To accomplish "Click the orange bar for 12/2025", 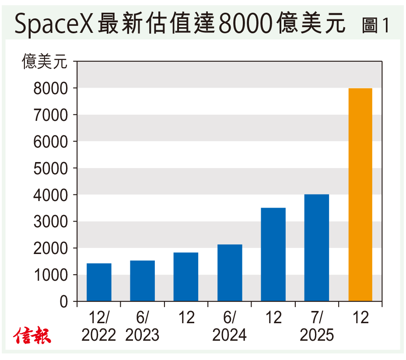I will tap(360, 195).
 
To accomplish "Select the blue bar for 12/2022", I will tap(99, 282).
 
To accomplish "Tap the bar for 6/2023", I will tap(142, 281).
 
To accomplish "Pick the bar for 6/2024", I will tap(230, 272).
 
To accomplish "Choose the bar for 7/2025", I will tap(317, 247).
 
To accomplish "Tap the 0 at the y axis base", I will tap(64, 302).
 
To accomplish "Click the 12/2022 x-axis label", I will tap(99, 327).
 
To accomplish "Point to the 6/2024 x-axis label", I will tap(230, 327).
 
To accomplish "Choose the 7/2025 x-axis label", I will tap(317, 327).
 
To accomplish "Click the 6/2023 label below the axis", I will tap(142, 327).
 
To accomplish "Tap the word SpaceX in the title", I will tap(54, 24).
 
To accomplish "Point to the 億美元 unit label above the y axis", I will tap(45, 62).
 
